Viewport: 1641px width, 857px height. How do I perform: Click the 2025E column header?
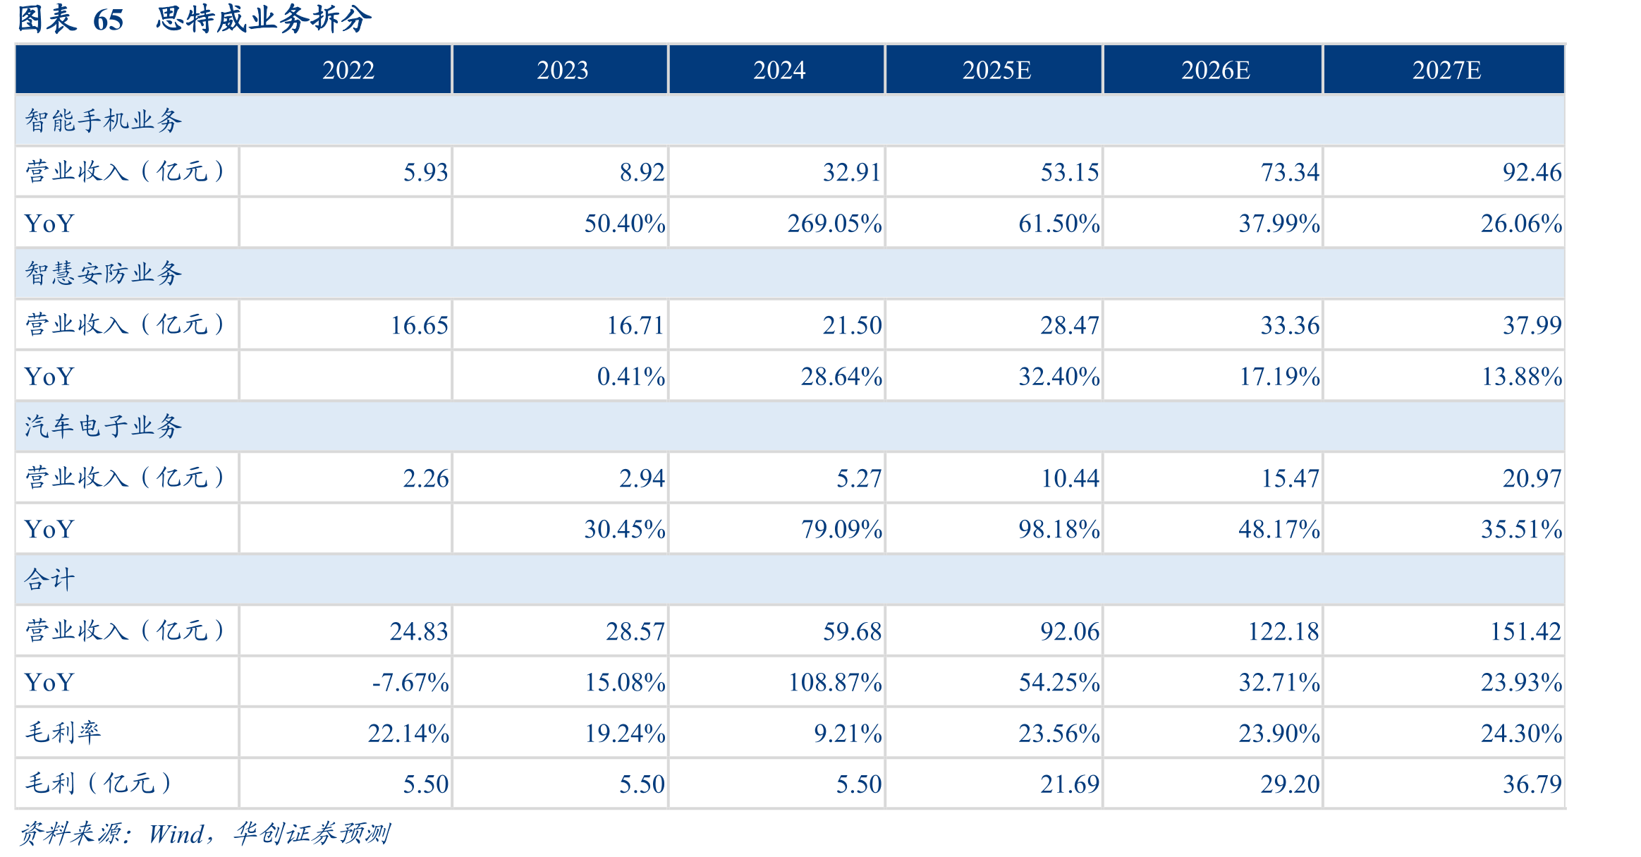coord(996,70)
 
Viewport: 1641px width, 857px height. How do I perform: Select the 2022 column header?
coord(348,70)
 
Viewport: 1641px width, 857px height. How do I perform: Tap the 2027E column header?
coord(1446,70)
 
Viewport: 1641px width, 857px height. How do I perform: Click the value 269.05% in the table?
coord(834,224)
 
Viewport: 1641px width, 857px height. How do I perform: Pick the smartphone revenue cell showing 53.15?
coord(1069,172)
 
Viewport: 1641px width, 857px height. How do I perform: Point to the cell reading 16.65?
coord(419,325)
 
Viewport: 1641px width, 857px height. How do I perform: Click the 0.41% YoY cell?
coord(630,377)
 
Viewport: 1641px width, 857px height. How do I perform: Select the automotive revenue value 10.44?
coord(1070,478)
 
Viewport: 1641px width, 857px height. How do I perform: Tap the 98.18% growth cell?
coord(1059,529)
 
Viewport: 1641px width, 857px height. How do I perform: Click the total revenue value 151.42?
coord(1525,631)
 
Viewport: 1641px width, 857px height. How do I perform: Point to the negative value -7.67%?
coord(410,682)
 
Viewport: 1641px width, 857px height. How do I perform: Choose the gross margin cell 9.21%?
coord(848,734)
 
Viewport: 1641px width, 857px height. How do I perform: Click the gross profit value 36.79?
coord(1532,784)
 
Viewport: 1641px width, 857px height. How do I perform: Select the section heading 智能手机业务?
coord(104,121)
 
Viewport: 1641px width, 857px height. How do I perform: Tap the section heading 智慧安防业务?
coord(104,274)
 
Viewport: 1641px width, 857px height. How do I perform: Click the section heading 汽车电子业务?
coord(104,427)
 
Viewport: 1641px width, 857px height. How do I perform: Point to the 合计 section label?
coord(49,580)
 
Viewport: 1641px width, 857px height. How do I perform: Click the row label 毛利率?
coord(63,733)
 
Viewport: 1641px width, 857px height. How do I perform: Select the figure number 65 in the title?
coord(108,20)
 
